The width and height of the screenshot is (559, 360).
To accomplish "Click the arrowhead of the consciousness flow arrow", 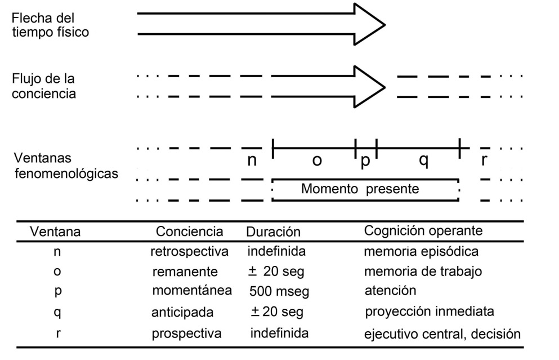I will [369, 86].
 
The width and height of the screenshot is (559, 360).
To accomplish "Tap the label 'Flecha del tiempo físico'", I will [50, 25].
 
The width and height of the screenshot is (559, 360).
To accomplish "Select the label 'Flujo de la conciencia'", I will [44, 86].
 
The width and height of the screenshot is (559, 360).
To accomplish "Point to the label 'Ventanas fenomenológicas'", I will [65, 166].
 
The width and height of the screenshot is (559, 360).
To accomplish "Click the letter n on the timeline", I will [252, 160].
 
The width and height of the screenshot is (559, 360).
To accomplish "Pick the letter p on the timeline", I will [365, 161].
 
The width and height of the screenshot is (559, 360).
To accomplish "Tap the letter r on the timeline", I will [484, 160].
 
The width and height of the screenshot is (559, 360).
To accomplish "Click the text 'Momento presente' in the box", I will [360, 189].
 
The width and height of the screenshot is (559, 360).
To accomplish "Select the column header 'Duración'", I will [273, 232].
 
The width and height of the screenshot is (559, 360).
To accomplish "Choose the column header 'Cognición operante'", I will [423, 231].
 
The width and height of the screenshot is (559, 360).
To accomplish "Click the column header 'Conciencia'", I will [189, 232].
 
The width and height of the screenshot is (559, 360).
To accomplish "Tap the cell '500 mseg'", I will [279, 292].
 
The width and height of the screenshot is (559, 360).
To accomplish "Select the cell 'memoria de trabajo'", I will [423, 272].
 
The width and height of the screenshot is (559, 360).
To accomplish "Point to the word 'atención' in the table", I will [390, 291].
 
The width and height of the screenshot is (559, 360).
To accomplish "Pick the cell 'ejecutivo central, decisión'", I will [442, 334].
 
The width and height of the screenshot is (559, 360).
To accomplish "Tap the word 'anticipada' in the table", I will [182, 312].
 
